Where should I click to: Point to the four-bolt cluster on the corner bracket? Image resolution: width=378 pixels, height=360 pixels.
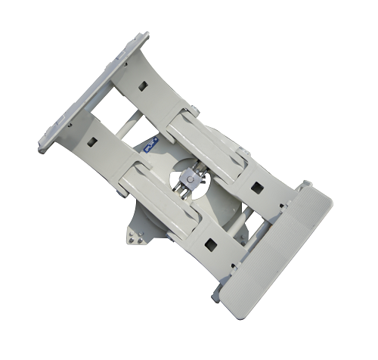137,237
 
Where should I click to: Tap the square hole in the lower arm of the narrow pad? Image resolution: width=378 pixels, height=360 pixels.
91,141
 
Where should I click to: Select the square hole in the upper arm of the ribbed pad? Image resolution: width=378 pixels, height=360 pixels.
257,187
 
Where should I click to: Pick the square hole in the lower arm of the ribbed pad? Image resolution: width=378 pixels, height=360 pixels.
208,244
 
